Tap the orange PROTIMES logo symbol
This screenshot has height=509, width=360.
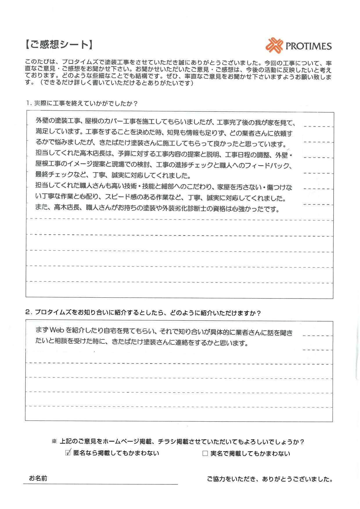(x=274, y=45)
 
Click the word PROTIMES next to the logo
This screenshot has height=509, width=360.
(x=308, y=46)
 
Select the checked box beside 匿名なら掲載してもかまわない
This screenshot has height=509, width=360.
(x=68, y=452)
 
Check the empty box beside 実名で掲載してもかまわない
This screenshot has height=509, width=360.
(x=205, y=453)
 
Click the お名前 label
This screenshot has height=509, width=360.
(x=38, y=478)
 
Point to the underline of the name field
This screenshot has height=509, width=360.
(x=100, y=484)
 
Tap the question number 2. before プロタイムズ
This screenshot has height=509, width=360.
(x=28, y=312)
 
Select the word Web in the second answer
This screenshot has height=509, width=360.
(x=57, y=330)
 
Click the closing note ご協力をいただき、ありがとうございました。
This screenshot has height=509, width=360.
(x=270, y=479)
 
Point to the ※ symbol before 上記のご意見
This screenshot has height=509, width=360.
(x=54, y=442)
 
